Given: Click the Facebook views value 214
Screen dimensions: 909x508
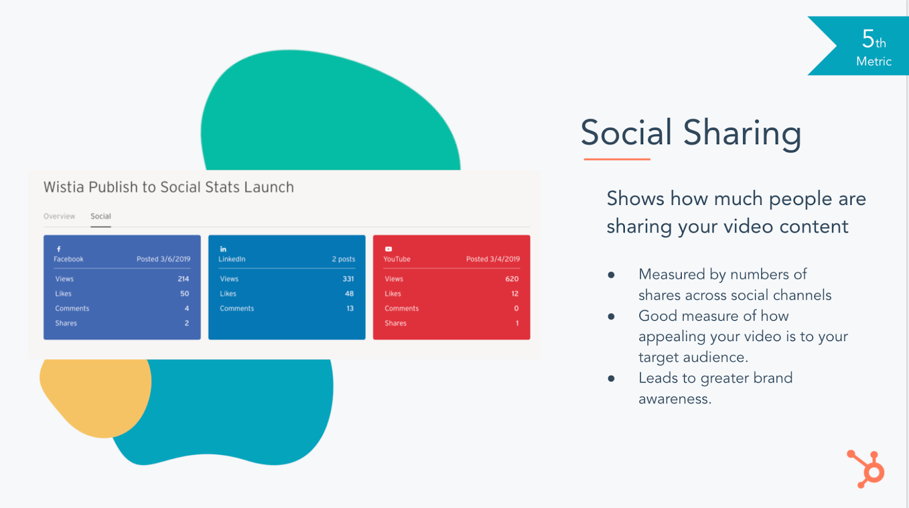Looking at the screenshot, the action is click(183, 279).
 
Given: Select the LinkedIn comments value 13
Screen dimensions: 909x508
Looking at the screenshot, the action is click(350, 309).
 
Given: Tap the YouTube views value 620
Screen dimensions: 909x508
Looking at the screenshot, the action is click(512, 279).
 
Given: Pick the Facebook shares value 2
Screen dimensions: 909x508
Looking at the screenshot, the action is click(187, 323).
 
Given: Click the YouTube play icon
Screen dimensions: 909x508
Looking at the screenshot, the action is click(389, 249).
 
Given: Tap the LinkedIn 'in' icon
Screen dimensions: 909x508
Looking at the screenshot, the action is click(223, 249).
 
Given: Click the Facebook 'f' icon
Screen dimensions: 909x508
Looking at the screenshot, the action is click(59, 249).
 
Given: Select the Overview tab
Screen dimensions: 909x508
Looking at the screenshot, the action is click(59, 216).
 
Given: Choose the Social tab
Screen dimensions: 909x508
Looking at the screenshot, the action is click(101, 216).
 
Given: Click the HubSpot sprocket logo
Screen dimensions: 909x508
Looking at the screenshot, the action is click(866, 469).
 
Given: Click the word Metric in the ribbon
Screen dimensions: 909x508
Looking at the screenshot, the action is click(874, 62).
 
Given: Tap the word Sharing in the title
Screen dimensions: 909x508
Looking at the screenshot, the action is click(742, 134).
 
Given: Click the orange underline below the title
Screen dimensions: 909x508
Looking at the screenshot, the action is click(617, 159).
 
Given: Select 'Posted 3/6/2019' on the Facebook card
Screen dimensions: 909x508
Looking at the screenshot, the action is click(163, 259).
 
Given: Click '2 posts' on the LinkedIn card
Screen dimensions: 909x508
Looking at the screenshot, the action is click(343, 259).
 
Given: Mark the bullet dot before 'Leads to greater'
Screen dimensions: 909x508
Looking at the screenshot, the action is click(611, 379).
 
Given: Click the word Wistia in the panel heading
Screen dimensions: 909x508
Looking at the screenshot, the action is click(64, 187).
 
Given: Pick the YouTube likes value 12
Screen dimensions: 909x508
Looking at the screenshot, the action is click(515, 293).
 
